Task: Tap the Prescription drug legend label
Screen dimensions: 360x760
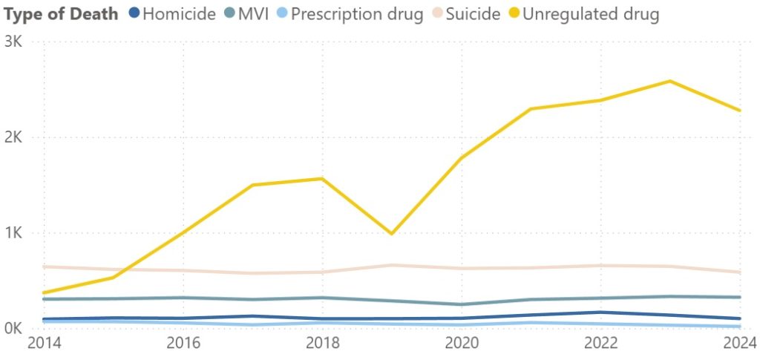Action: (358, 14)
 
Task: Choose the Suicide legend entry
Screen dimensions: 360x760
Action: (474, 14)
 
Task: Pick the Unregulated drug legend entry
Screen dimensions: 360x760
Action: (591, 14)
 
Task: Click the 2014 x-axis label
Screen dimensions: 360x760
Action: (45, 344)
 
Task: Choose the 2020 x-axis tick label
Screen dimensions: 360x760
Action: (462, 344)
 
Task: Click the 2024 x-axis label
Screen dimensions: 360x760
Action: (739, 344)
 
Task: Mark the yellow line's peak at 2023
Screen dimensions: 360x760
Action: (670, 81)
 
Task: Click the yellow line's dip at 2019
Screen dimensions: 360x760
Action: (392, 234)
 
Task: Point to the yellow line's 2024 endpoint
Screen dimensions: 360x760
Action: (739, 111)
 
